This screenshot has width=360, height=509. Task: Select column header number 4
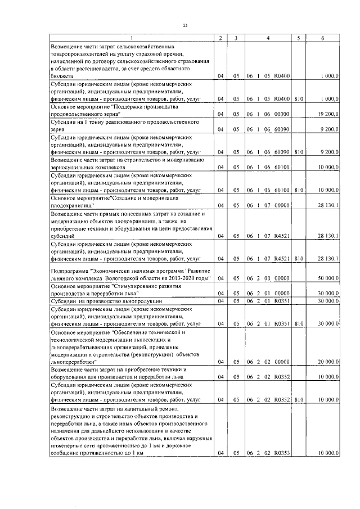click(x=267, y=38)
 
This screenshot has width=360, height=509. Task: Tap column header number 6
click(x=322, y=38)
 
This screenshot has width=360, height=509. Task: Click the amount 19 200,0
click(x=327, y=114)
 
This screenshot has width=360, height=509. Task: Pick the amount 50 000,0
click(x=327, y=278)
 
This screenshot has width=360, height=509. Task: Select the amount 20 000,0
click(x=327, y=362)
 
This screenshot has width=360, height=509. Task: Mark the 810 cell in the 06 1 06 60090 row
click(x=298, y=151)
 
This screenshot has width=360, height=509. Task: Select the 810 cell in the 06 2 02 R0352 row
click(x=298, y=399)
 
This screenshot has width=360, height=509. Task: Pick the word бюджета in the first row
click(x=61, y=75)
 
